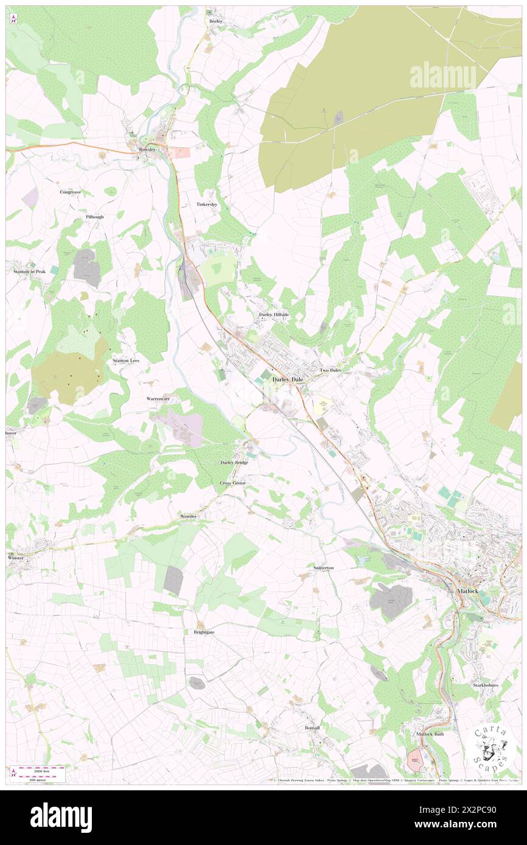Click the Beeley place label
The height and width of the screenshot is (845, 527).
point(216,21)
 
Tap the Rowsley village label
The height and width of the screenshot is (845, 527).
point(147,150)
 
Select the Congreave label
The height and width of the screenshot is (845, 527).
point(70,192)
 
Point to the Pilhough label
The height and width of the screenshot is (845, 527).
point(94,217)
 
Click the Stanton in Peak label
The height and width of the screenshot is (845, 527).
point(29,272)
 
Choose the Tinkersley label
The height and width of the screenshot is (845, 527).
point(207,204)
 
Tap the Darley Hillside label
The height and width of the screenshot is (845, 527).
point(274,314)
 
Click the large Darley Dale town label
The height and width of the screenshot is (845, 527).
point(288,379)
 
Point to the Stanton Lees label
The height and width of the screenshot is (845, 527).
point(126,360)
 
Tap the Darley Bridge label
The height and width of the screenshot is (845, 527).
point(234,463)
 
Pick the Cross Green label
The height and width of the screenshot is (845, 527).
point(232,483)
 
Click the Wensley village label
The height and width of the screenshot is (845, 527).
point(189,516)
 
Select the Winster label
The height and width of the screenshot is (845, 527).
point(18,557)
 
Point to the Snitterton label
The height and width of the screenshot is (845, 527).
point(323,567)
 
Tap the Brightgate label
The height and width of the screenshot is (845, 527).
point(204,632)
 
